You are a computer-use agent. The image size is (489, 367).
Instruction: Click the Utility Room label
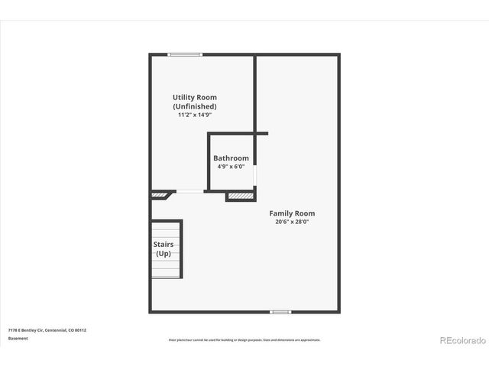(x=194, y=97)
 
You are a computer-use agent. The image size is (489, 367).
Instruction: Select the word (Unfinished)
(x=194, y=106)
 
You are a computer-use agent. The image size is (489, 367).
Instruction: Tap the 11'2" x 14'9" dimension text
(x=194, y=115)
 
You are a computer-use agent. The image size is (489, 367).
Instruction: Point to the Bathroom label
(x=231, y=158)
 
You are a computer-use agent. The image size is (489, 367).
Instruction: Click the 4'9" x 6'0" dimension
(x=231, y=167)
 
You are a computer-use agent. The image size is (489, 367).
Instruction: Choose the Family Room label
(x=292, y=213)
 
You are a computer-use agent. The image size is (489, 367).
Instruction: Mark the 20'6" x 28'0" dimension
(x=292, y=222)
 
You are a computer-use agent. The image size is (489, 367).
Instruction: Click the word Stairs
(x=164, y=245)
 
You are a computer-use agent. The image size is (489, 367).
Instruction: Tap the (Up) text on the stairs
(x=164, y=253)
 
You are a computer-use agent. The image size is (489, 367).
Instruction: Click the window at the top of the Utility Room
(x=185, y=54)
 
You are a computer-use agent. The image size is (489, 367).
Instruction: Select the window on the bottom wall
(x=281, y=312)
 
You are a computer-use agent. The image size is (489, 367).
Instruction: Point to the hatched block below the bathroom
(x=239, y=196)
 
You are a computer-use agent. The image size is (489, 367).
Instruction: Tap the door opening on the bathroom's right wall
(x=254, y=175)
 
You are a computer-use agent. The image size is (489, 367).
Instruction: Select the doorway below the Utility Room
(x=190, y=192)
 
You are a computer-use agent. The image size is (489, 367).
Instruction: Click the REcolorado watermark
(x=461, y=339)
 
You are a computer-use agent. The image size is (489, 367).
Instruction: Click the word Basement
(x=18, y=339)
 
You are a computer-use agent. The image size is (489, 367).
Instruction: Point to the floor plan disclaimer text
(x=244, y=340)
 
